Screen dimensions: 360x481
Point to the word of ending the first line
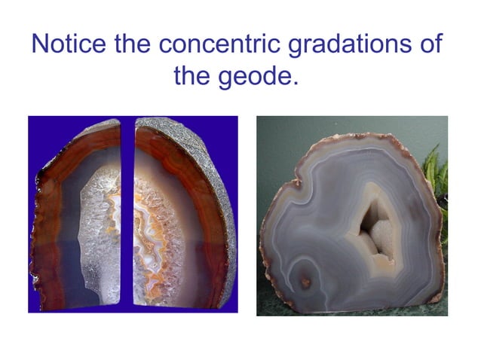tap(430, 44)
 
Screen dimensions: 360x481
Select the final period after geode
tap(297, 81)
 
